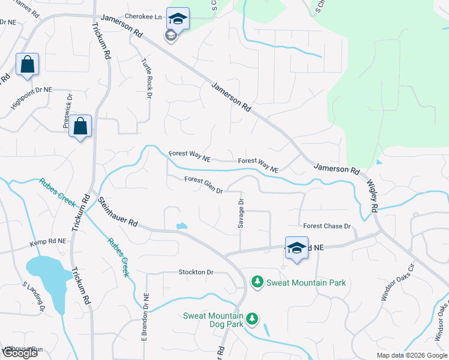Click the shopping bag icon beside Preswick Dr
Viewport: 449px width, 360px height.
[x=80, y=127]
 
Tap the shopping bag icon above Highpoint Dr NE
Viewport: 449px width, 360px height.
[x=28, y=65]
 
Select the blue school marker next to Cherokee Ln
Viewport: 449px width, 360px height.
[x=178, y=19]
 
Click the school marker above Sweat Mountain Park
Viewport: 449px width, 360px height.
[x=297, y=248]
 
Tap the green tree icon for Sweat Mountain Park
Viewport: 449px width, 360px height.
[x=257, y=281]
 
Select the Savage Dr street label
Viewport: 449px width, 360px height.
[x=241, y=209]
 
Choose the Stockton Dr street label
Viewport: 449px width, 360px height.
[x=196, y=272]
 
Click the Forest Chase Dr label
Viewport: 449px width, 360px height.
[x=327, y=226]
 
